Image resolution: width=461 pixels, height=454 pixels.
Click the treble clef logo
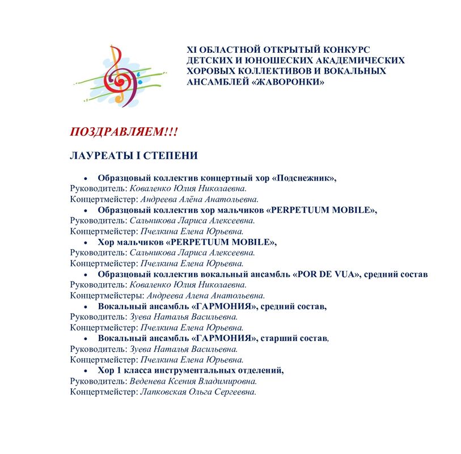117,76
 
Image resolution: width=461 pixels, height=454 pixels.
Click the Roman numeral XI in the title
193,49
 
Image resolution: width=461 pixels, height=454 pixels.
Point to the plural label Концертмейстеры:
107,296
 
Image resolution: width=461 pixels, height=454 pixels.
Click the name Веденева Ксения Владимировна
193,381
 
